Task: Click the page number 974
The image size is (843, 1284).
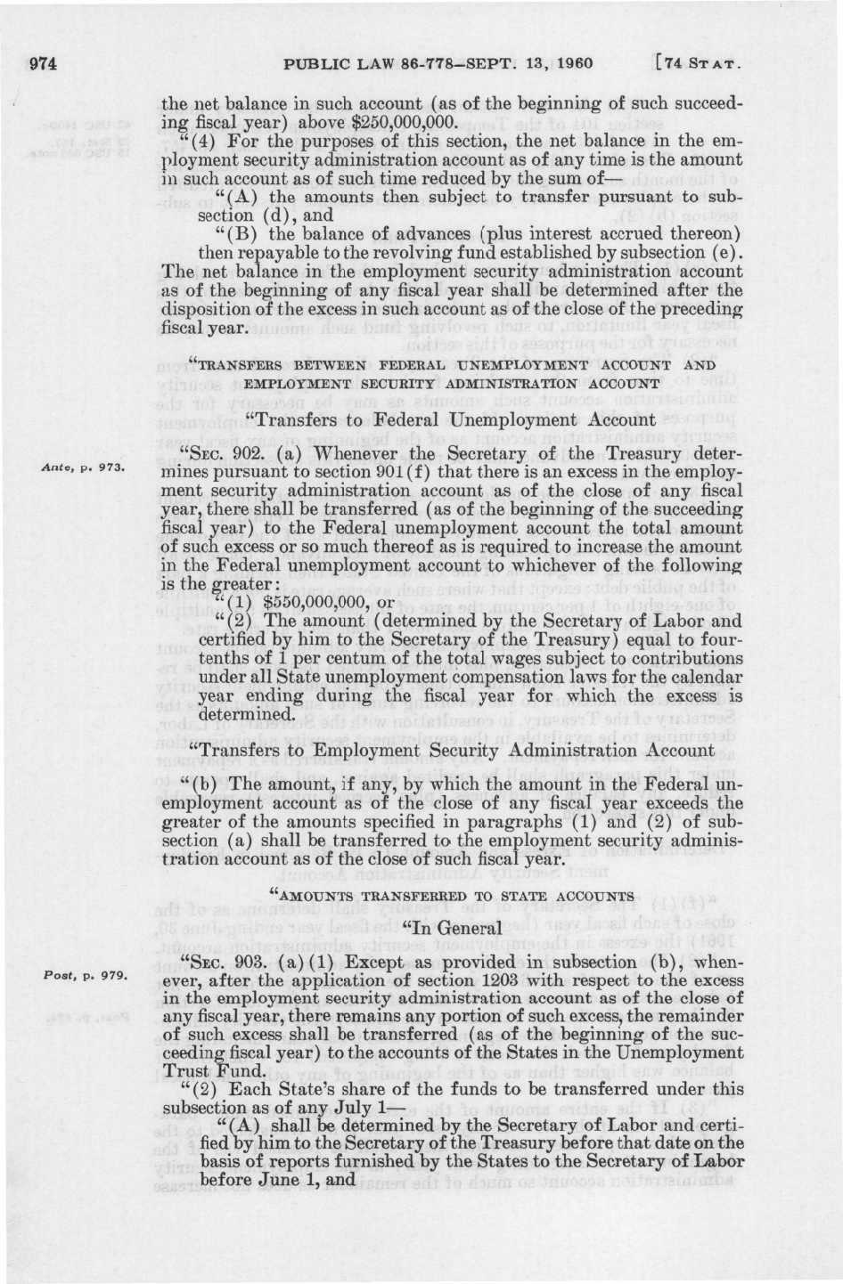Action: [x=44, y=63]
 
